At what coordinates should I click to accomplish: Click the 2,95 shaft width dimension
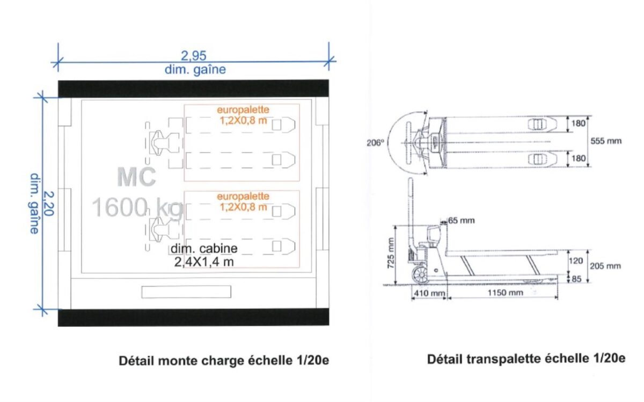coord(194,55)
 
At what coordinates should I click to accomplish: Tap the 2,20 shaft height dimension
coord(48,203)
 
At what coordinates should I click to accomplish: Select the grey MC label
coord(136,177)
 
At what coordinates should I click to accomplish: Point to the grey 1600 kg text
coord(137,207)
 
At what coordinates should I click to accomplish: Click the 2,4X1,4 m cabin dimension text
coord(204,262)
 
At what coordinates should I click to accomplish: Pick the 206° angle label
coord(375,143)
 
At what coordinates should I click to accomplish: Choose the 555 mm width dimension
coord(606,141)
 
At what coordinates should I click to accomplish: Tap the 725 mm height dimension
coord(391,253)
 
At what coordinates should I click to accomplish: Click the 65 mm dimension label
coord(462,220)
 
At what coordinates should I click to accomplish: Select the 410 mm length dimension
coord(429,293)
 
